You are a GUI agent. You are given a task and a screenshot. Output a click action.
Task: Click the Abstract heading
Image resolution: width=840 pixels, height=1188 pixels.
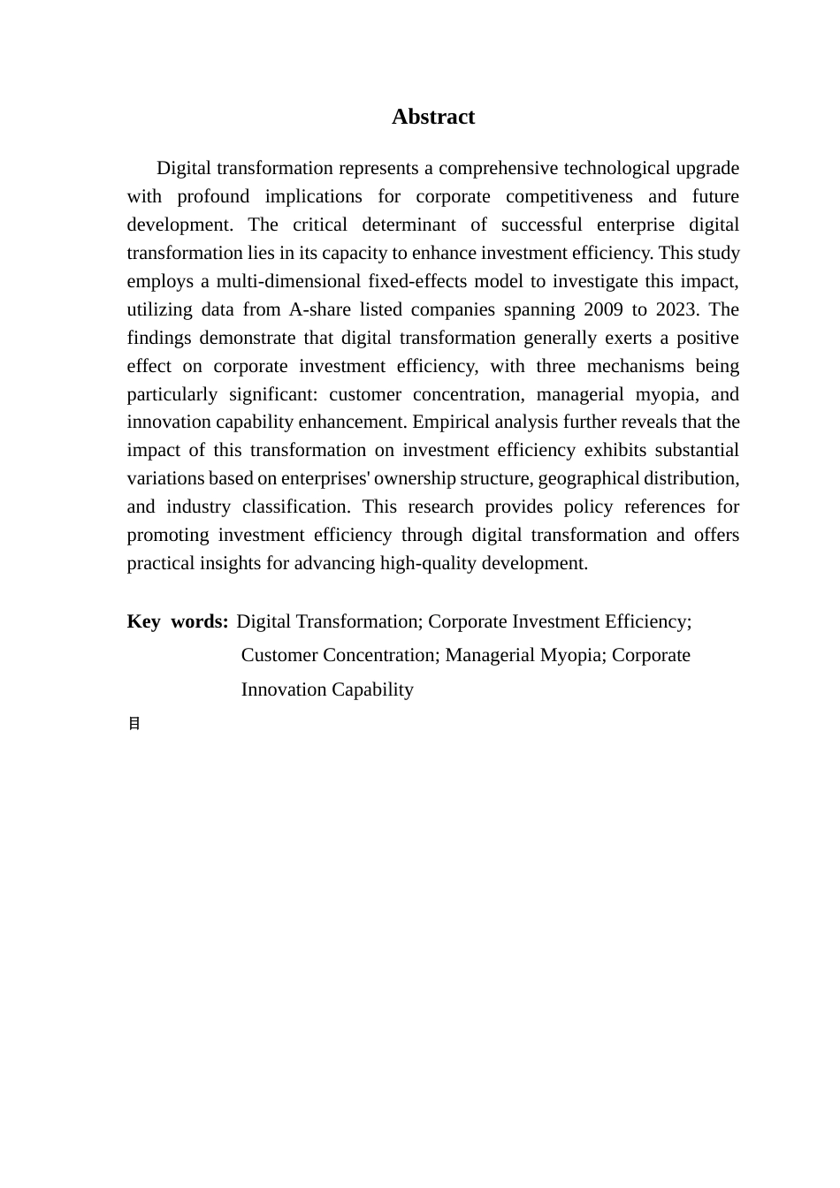click(x=433, y=118)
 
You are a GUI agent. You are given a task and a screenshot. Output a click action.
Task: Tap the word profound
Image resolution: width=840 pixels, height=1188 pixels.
click(x=213, y=196)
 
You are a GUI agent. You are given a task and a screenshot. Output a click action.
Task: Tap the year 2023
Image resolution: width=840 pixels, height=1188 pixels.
click(x=676, y=309)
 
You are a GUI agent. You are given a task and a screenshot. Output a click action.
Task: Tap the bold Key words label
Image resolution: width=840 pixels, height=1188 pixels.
click(x=178, y=621)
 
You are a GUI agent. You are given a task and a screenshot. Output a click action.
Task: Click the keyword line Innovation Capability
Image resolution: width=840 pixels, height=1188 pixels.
click(x=327, y=689)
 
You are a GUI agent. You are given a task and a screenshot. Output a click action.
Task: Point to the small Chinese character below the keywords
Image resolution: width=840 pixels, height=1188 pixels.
click(x=134, y=724)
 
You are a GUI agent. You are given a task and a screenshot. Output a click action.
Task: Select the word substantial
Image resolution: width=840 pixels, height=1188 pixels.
click(x=697, y=450)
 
